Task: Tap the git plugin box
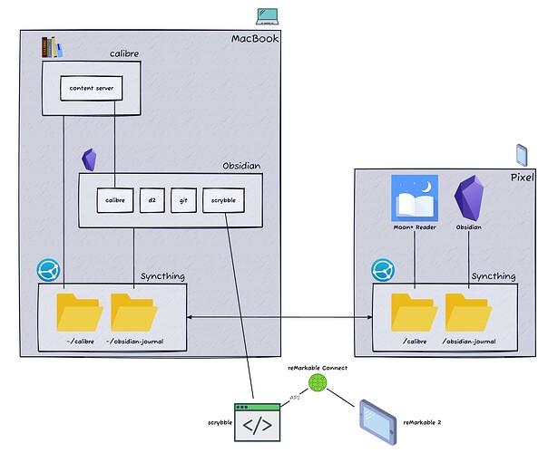pyautogui.click(x=183, y=198)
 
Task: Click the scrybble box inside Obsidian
pyautogui.click(x=222, y=198)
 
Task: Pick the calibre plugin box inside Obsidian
pyautogui.click(x=114, y=198)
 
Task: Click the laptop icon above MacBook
pyautogui.click(x=267, y=15)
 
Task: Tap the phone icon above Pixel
pyautogui.click(x=521, y=153)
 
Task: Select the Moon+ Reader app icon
pyautogui.click(x=414, y=197)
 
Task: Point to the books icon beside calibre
pyautogui.click(x=53, y=46)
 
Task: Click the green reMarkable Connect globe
pyautogui.click(x=317, y=383)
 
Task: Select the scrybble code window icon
pyautogui.click(x=256, y=422)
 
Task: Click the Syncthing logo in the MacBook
pyautogui.click(x=47, y=270)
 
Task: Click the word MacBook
pyautogui.click(x=254, y=38)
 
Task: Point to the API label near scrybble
pyautogui.click(x=295, y=397)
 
